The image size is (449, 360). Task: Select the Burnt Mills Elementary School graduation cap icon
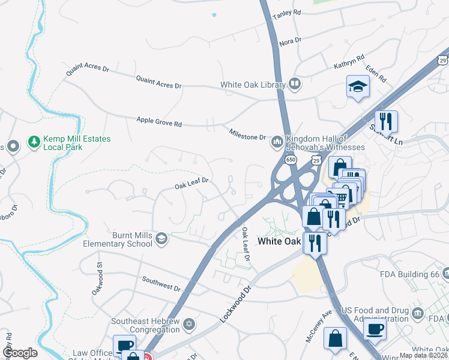[161, 239]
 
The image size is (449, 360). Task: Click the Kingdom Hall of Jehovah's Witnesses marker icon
[277, 142]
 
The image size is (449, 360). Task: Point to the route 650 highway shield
[291, 160]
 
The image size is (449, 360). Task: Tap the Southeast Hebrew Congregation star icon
[190, 325]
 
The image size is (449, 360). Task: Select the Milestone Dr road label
[247, 134]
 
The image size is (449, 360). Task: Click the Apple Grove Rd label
[159, 122]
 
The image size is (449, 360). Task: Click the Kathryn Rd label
[349, 62]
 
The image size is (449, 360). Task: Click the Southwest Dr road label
[161, 283]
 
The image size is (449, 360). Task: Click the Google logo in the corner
[20, 352]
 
